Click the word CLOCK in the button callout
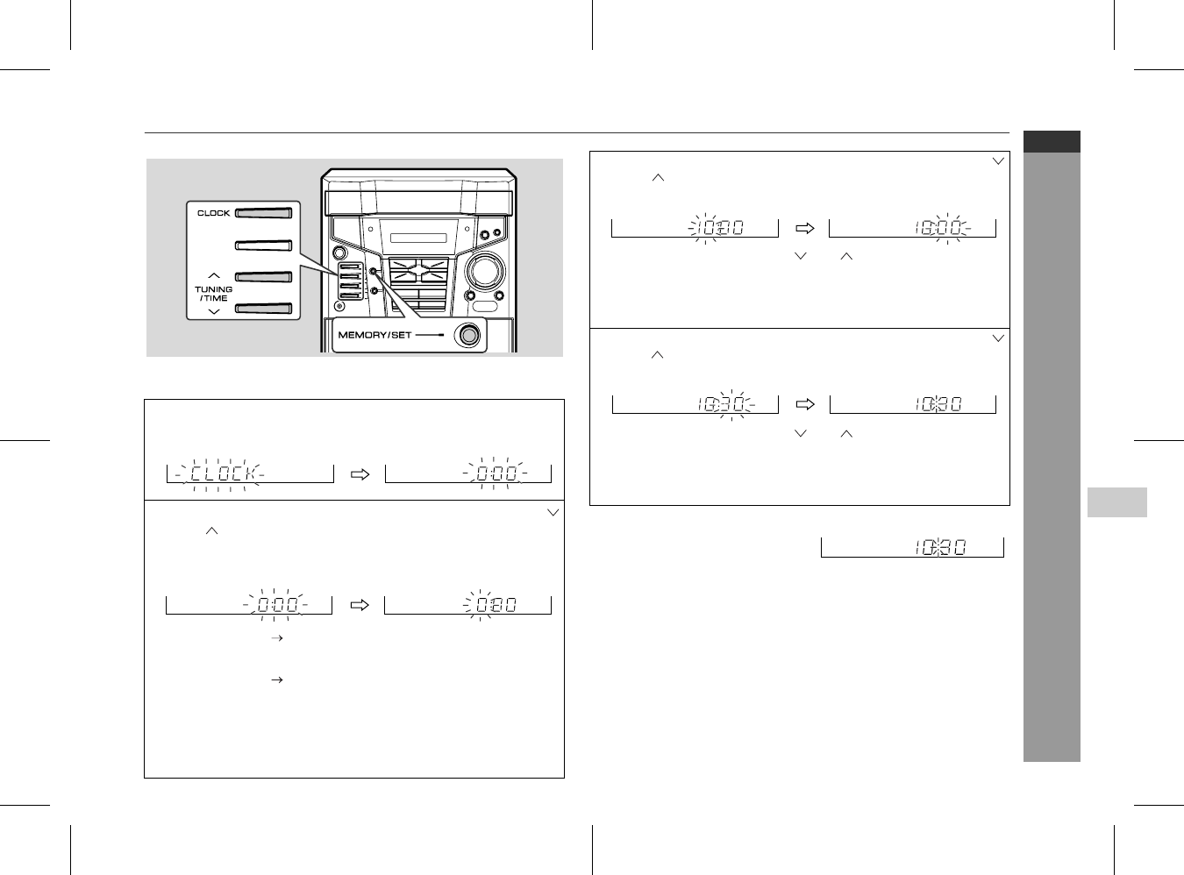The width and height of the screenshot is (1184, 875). click(213, 213)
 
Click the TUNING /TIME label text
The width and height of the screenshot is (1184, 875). click(213, 294)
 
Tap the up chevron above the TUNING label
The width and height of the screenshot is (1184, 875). click(213, 275)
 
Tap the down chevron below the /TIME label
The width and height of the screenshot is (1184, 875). click(213, 312)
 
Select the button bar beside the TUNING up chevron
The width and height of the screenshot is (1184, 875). click(264, 277)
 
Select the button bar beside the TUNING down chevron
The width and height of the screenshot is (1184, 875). click(264, 309)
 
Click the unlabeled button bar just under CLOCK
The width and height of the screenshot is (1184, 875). click(264, 245)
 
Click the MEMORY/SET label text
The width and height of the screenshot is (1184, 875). click(374, 335)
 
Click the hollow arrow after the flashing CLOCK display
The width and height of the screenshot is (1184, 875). click(360, 474)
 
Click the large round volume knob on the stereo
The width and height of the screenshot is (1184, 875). click(485, 271)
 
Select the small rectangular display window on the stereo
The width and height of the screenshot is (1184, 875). click(418, 238)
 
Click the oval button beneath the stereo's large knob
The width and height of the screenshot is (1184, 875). click(485, 307)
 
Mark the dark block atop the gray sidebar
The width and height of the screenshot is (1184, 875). click(1052, 141)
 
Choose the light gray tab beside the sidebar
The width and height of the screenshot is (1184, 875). click(1117, 502)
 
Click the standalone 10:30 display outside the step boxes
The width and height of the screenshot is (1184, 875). click(940, 548)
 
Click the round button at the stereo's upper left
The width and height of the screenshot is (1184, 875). click(339, 253)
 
